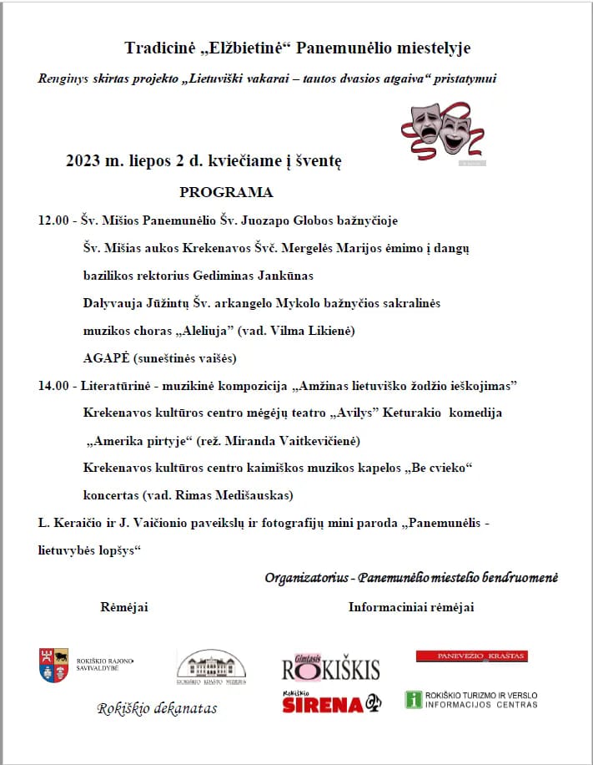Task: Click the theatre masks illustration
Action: (442, 133)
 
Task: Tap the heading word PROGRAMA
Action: (226, 192)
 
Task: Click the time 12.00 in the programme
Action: (53, 221)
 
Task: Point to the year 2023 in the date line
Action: (83, 162)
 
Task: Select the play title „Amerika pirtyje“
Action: (138, 440)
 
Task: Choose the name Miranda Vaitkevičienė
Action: (289, 440)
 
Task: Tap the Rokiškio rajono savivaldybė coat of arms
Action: (54, 665)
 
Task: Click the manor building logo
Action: (211, 666)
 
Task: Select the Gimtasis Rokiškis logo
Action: (330, 666)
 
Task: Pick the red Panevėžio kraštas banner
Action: (471, 656)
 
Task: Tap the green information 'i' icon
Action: (413, 700)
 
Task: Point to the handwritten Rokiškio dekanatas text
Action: (157, 708)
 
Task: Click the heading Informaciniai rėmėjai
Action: (410, 607)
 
